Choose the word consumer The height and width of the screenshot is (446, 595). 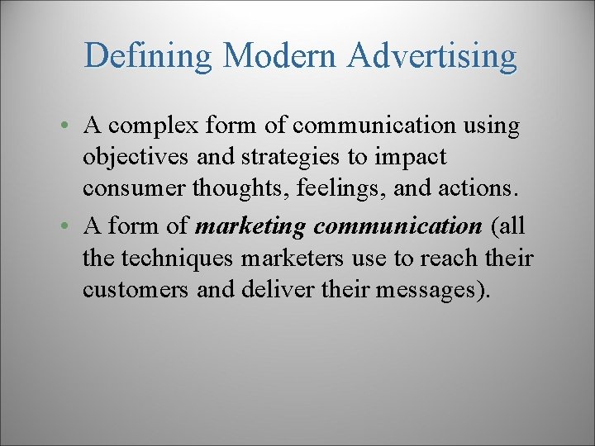click(x=134, y=187)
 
